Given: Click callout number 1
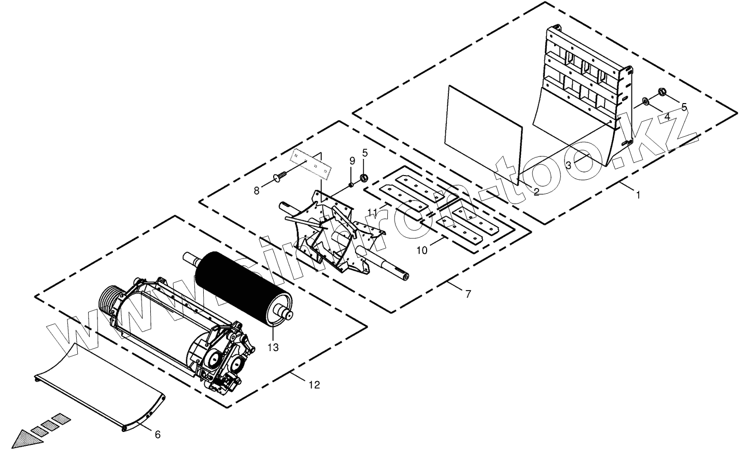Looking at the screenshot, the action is pos(638,195).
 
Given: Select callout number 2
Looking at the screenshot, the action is pos(536,192).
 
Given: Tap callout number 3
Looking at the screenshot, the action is pos(568,165).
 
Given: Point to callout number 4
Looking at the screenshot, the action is pos(667,117).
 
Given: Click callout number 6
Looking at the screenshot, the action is pos(158,435).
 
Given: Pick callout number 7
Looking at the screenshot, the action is pos(468,294).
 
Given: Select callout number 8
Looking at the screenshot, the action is pos(256,191).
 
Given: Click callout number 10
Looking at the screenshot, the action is pos(422,250).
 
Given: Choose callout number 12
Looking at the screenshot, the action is pos(314,385).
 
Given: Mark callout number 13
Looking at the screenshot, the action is pos(273,347).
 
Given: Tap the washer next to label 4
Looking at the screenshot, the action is pos(645,100).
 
